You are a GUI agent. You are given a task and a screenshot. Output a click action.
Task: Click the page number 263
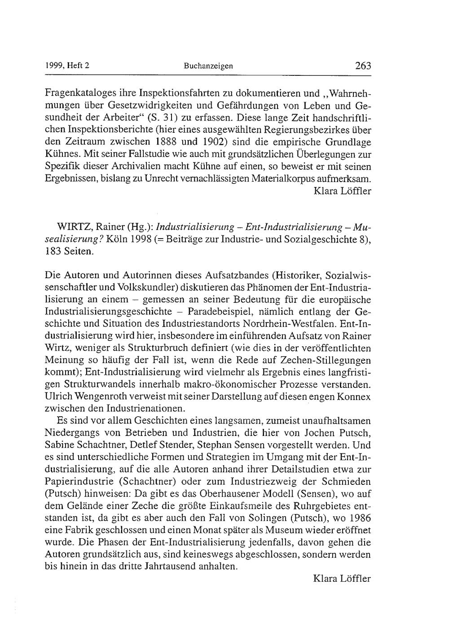[363, 66]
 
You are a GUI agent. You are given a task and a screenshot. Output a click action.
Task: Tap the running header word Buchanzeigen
[208, 66]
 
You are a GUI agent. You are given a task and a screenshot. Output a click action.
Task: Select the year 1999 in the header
[54, 66]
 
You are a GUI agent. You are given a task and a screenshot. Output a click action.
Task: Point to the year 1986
[361, 518]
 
